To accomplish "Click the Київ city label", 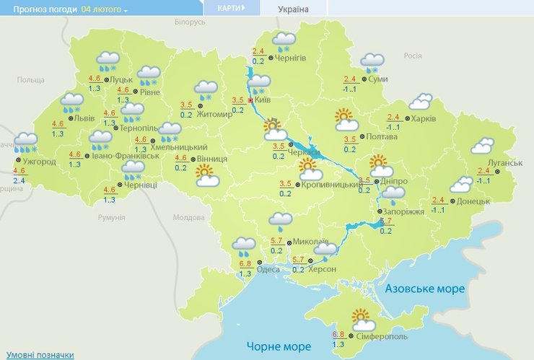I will coord(263,100).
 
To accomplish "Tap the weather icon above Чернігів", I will coord(284,42).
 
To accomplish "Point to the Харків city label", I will coord(424,118).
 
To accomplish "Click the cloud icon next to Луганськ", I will coord(482,146).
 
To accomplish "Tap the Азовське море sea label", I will coord(425,289).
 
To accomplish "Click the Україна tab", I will coord(293,9).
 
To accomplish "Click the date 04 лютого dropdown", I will coord(105,10).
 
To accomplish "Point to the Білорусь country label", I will coord(191,22).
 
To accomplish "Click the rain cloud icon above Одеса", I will coord(244,247).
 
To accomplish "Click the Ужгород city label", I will coord(40,162).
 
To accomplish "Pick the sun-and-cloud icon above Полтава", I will coord(346,120).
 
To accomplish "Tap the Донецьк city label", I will coord(475,201).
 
